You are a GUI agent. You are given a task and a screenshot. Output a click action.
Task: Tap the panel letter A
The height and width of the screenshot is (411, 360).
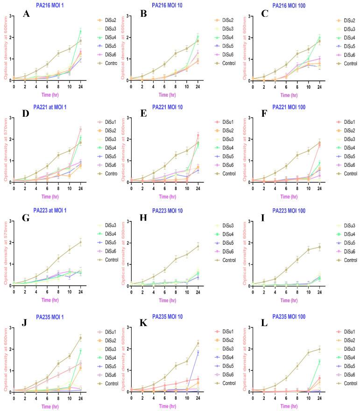pos(27,14)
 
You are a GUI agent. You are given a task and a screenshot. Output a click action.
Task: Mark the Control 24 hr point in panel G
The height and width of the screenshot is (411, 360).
pos(80,242)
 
